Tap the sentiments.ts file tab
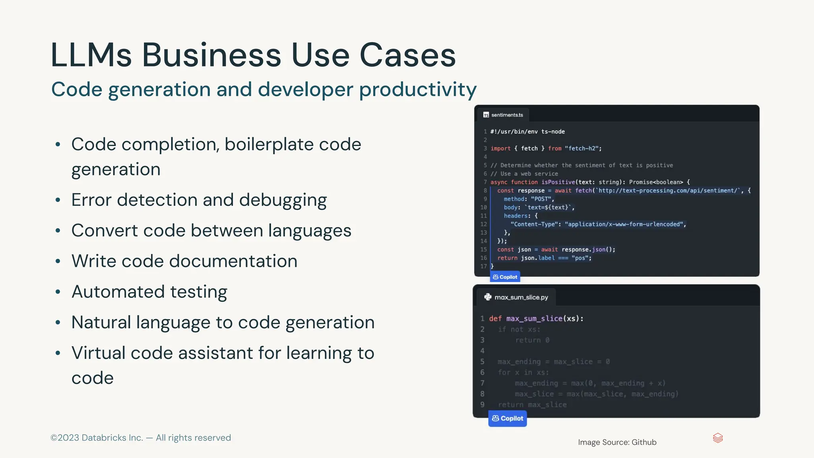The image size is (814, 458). pos(503,115)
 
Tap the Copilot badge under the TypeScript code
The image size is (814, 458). pos(505,277)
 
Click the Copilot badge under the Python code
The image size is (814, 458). pos(508,419)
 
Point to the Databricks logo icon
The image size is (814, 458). pos(718,438)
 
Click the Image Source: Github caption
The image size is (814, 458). pos(617,442)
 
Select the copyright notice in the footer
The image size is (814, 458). pos(141,438)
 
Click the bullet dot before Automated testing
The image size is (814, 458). pos(58,292)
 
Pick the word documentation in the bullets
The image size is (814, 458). pos(233,261)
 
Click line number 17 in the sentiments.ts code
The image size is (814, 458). pos(483,266)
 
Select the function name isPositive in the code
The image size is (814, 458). pos(558,182)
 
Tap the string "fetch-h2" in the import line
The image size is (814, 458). pos(582,148)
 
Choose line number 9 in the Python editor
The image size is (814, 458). pos(482,405)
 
